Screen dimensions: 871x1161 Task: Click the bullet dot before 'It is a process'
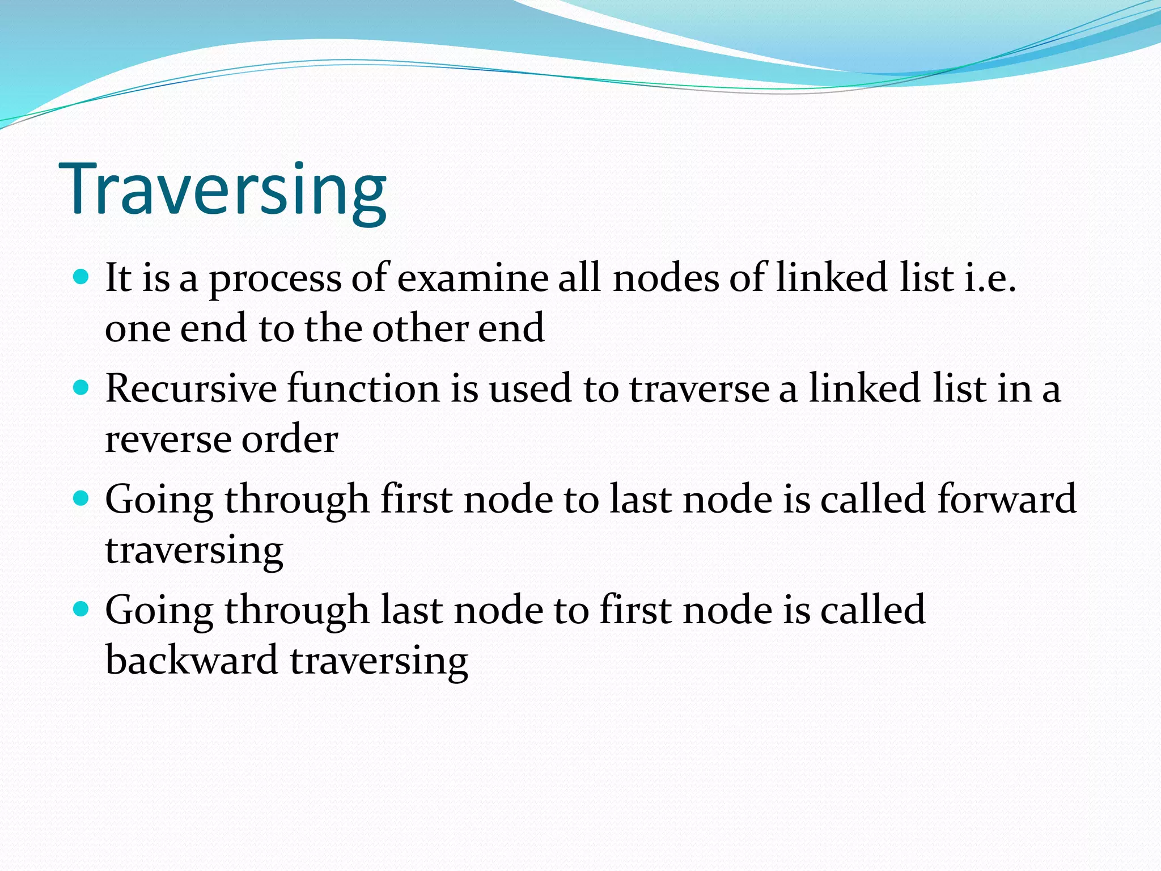82,277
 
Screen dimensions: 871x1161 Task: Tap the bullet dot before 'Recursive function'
82,388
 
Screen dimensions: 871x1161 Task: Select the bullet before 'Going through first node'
82,498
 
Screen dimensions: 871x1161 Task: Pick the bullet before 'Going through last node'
82,609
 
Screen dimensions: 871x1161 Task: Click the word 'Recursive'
191,389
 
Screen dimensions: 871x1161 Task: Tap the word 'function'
363,389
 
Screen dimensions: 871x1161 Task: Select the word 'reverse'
168,440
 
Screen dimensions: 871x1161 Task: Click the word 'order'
290,439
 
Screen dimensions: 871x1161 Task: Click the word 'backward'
192,660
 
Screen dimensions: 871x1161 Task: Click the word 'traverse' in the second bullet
700,390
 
